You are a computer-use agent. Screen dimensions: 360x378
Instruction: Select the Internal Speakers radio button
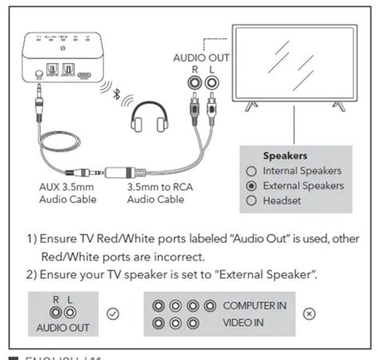tap(251, 171)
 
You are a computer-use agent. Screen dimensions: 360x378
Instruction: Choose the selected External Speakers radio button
tap(251, 186)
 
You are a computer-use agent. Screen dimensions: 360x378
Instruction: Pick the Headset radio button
tap(251, 201)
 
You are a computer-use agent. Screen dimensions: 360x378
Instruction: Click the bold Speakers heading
tap(285, 156)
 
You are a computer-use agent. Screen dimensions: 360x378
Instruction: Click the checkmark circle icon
tap(112, 314)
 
